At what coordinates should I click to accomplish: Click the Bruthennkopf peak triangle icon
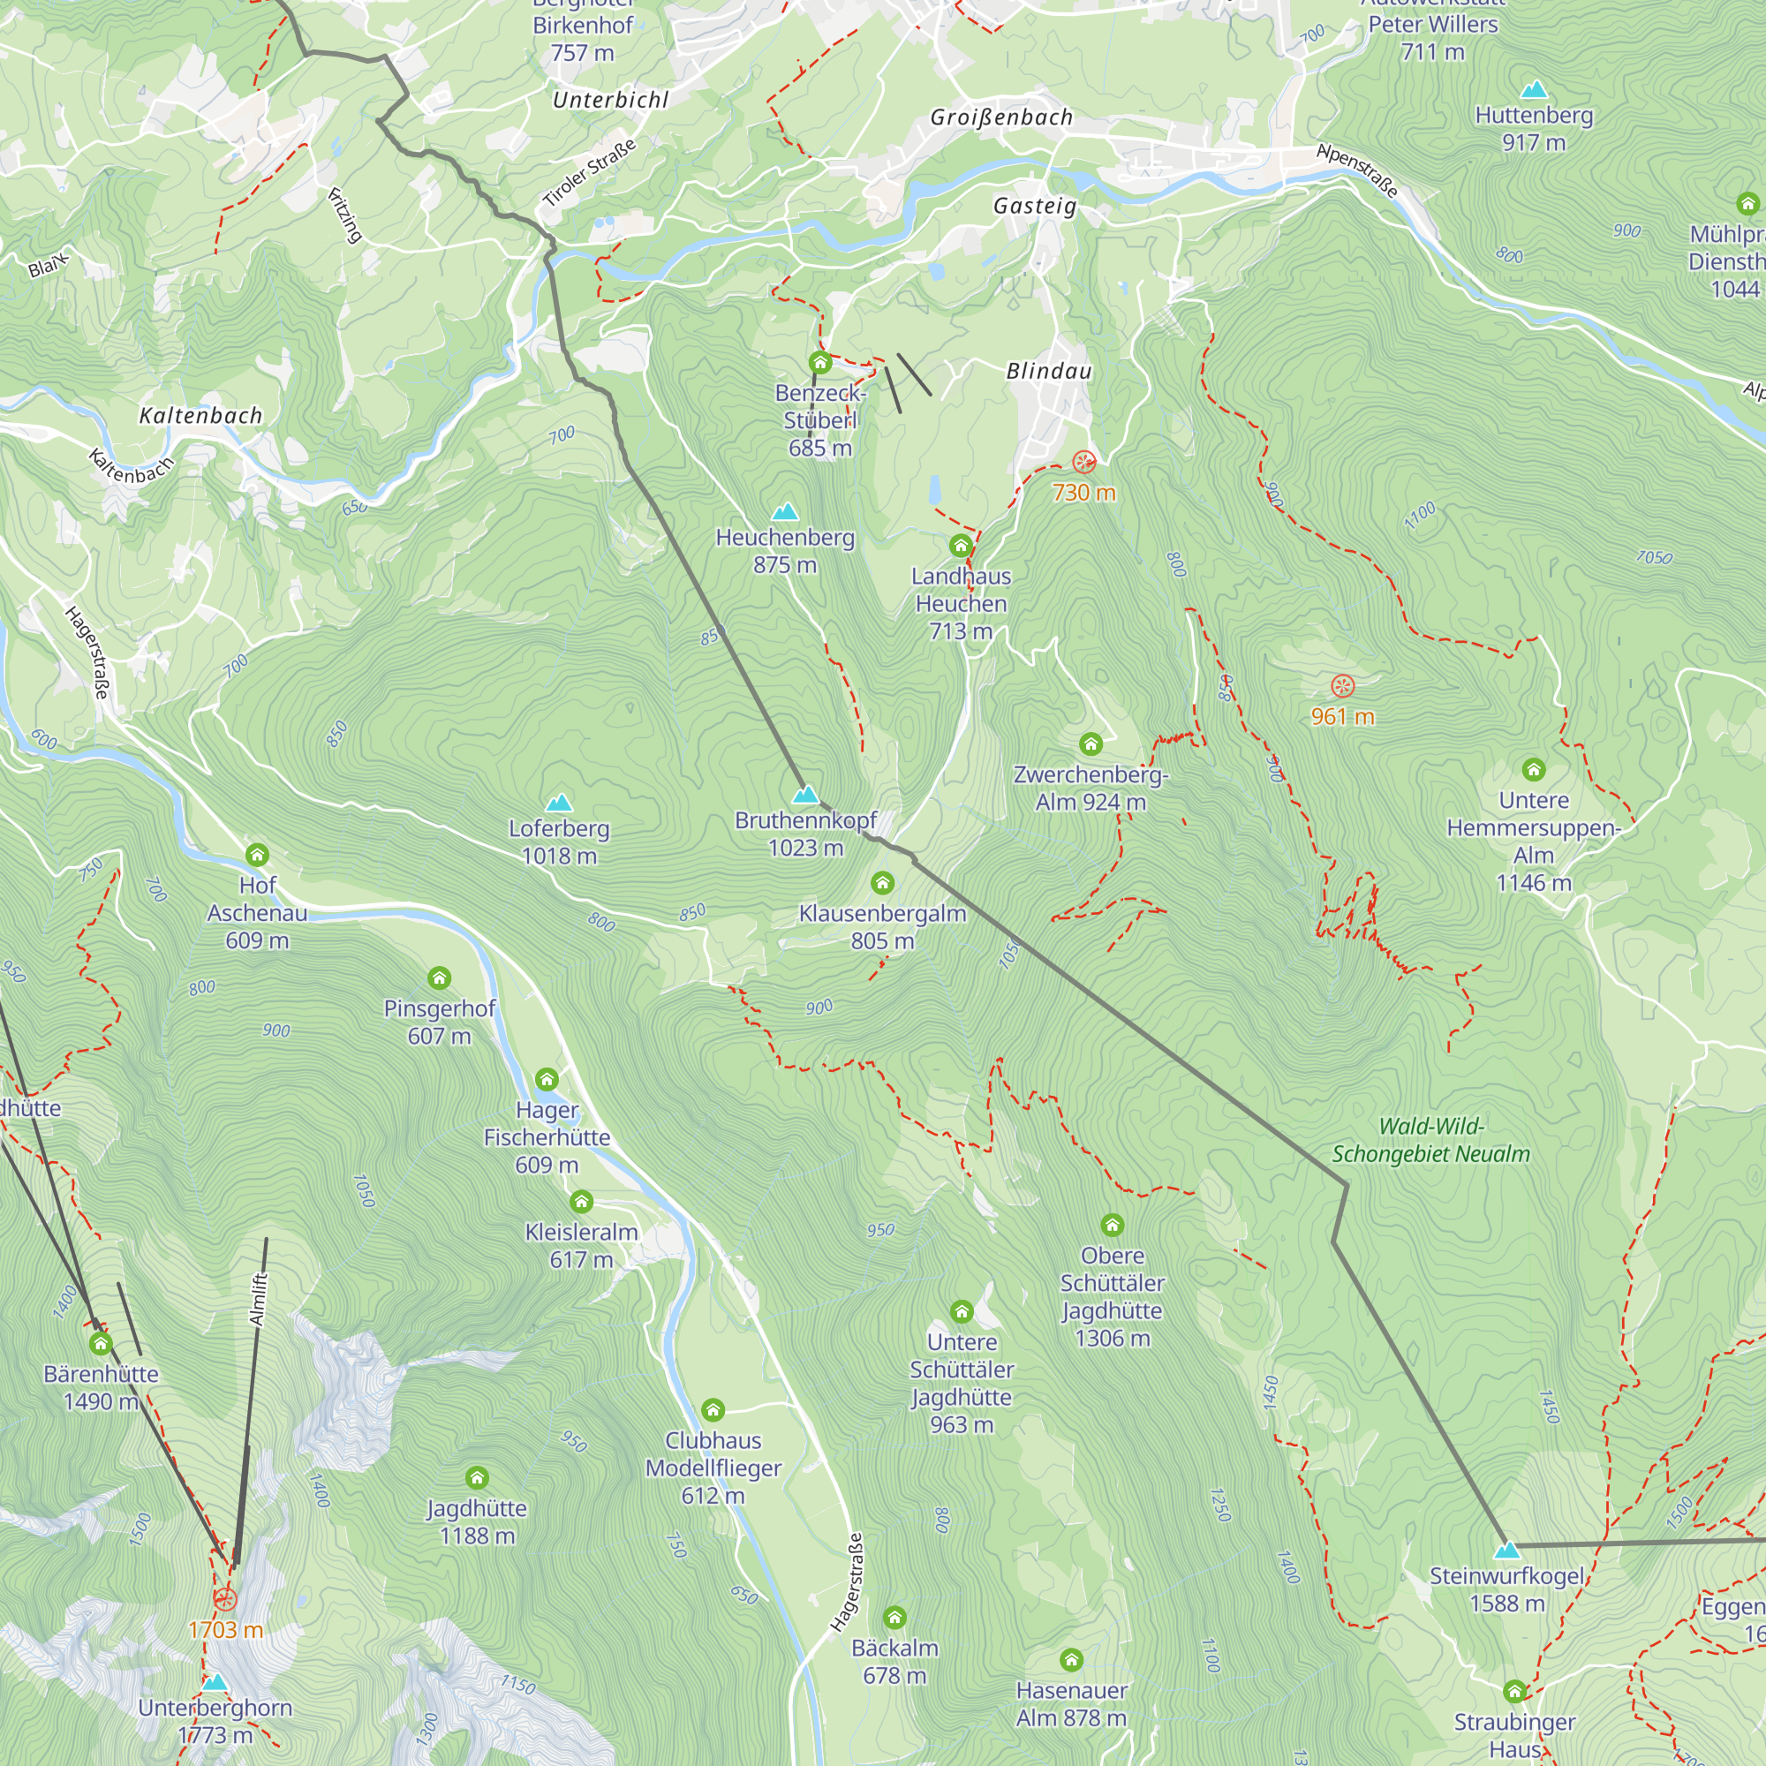[x=804, y=795]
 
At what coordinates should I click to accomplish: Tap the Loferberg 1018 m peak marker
[x=559, y=804]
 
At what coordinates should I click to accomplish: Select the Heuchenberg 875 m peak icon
[x=785, y=512]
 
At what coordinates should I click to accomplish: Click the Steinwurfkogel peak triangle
[x=1506, y=1551]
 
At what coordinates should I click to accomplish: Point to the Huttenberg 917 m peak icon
[x=1534, y=89]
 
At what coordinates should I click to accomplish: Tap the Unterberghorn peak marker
[x=214, y=1682]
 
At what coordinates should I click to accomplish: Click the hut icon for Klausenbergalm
[x=882, y=883]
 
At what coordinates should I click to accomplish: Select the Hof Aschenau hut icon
[x=257, y=856]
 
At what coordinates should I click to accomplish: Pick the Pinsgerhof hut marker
[x=439, y=979]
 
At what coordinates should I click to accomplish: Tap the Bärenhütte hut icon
[x=101, y=1344]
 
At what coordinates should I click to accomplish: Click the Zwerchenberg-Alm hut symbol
[x=1091, y=744]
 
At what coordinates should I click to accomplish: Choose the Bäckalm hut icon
[x=894, y=1618]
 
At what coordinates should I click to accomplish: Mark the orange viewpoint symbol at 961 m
[x=1342, y=685]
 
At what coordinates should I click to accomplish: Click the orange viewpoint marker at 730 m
[x=1084, y=462]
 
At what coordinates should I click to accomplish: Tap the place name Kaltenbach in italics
[x=201, y=416]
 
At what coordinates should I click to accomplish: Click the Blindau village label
[x=1048, y=371]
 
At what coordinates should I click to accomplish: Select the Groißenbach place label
[x=1001, y=118]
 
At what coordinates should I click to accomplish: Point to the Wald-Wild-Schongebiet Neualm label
[x=1430, y=1140]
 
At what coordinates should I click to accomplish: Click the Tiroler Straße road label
[x=589, y=173]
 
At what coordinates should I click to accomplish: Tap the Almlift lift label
[x=258, y=1299]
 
